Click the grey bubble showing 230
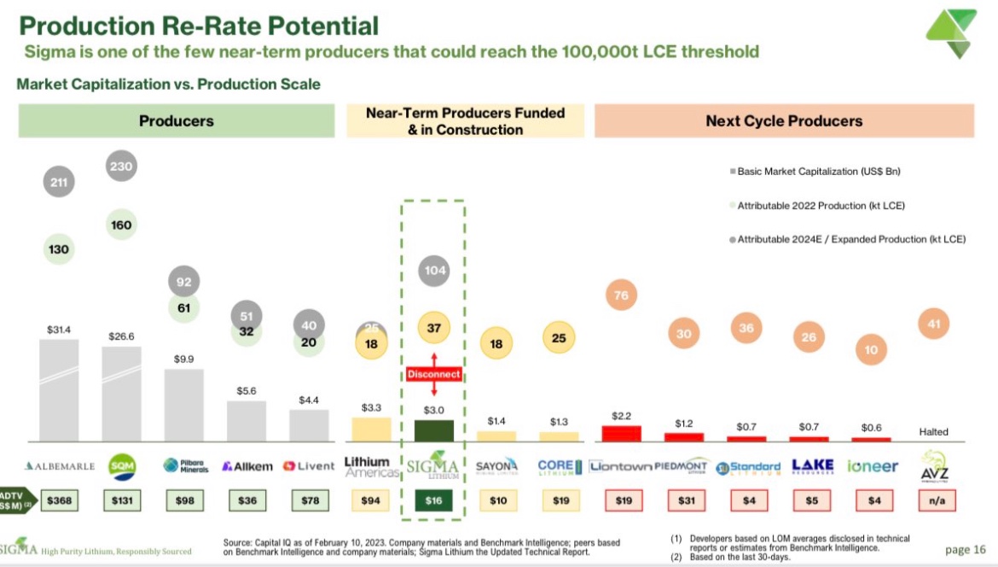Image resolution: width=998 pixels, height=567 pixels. (x=122, y=167)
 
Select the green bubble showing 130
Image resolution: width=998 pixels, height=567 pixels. (x=60, y=248)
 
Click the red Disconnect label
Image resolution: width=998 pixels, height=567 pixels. (x=433, y=374)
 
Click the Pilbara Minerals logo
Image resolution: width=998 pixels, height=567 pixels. (x=183, y=466)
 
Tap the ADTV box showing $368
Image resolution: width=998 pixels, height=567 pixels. (x=59, y=500)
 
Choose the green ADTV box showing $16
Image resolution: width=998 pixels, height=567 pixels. (x=433, y=500)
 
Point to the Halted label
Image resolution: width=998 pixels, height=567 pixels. (x=933, y=432)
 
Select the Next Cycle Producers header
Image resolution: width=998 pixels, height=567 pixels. (x=784, y=120)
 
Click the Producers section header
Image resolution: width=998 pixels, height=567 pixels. (x=177, y=120)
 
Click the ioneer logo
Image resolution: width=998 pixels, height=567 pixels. (x=873, y=466)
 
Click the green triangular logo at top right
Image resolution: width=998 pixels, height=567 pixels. (x=951, y=33)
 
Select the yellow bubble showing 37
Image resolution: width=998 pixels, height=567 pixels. (x=433, y=327)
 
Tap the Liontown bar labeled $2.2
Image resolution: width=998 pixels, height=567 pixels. (x=622, y=433)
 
